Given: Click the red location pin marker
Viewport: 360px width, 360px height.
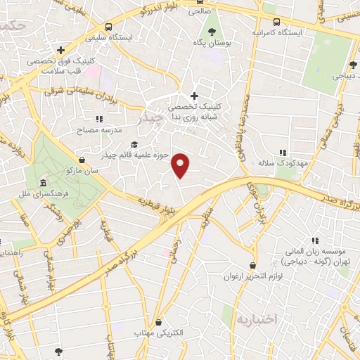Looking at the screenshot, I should point(181,165).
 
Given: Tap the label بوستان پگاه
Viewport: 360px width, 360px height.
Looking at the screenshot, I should point(213,43).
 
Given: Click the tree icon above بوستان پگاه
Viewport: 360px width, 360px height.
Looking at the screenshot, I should point(213,31).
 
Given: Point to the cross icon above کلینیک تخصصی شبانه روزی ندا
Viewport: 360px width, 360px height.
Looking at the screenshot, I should point(195,96).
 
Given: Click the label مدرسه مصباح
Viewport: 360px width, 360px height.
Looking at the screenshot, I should point(103,131).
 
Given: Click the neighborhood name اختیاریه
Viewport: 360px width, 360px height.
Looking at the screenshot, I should point(259,320).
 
